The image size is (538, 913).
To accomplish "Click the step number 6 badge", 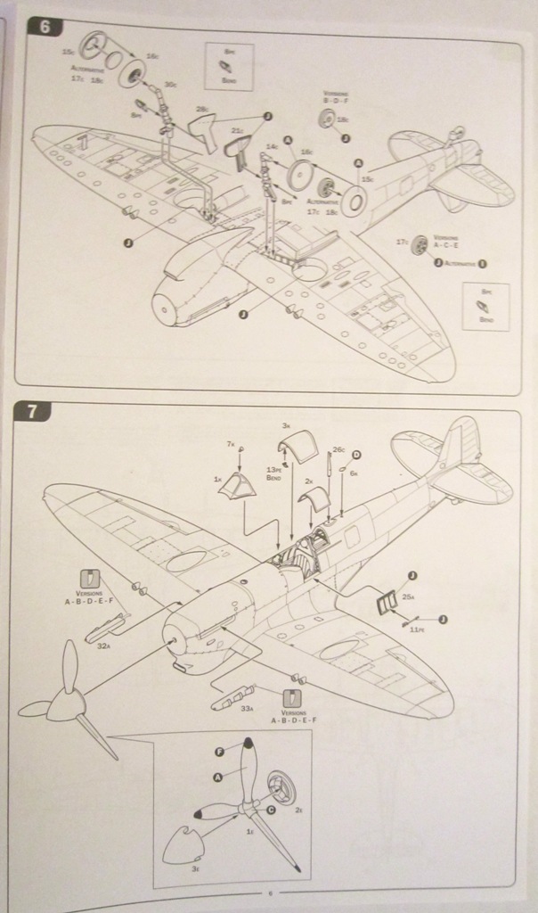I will tap(45, 26).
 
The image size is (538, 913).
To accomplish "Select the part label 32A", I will tap(103, 646).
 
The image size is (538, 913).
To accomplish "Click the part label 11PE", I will tap(416, 629).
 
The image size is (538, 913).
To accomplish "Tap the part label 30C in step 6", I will tap(170, 85).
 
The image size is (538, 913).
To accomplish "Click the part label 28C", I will tap(202, 109).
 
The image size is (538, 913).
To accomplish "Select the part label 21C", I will tap(238, 131).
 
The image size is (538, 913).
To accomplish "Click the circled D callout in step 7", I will tap(356, 455).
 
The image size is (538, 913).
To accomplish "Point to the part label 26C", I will tap(338, 449).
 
